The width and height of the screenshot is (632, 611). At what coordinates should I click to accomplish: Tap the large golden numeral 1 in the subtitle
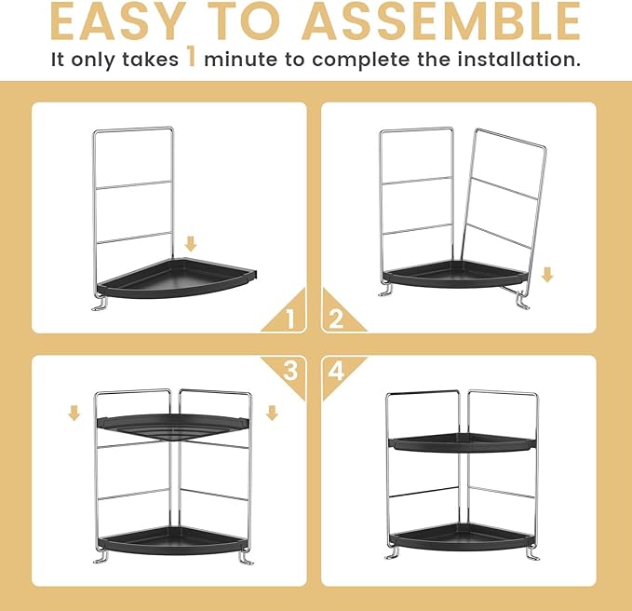point(190,58)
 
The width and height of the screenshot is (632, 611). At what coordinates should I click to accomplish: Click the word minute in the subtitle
point(243,60)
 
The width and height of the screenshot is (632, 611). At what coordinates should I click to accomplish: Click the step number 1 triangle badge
point(289,319)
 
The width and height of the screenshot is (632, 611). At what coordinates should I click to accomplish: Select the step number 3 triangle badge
point(289,370)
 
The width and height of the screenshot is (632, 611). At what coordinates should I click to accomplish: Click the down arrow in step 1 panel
point(191,244)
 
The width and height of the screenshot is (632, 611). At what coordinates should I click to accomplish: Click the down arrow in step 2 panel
point(547,275)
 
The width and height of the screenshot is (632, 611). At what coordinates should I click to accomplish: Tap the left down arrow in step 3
point(74,412)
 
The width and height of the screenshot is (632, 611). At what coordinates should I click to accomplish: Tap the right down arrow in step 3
point(272,412)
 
